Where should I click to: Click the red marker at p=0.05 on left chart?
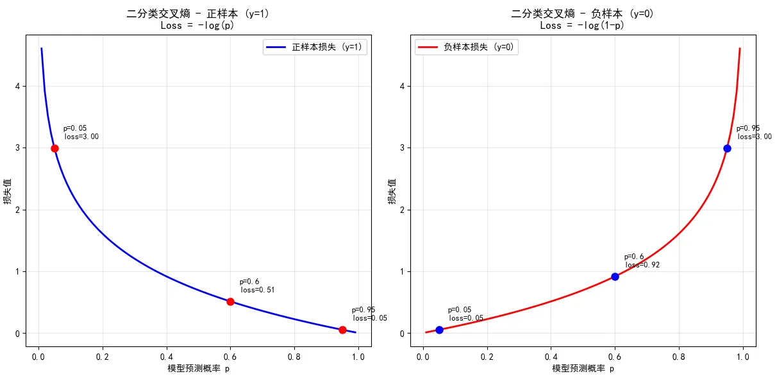54,148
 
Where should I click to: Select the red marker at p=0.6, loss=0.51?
230,301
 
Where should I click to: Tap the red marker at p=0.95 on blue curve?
342,330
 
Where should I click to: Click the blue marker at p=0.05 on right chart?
439,330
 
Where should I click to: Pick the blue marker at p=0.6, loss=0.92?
615,276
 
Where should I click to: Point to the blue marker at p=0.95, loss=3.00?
727,148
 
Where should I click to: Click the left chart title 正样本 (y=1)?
198,13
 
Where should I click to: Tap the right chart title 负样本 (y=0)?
583,13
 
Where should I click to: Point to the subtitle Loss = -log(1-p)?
582,26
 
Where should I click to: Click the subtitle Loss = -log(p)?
198,26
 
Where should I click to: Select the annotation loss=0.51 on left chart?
258,290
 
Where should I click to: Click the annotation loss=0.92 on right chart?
642,265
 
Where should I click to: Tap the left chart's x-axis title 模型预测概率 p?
198,369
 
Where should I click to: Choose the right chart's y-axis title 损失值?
392,192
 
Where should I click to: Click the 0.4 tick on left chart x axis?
166,355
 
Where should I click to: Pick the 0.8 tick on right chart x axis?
679,355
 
